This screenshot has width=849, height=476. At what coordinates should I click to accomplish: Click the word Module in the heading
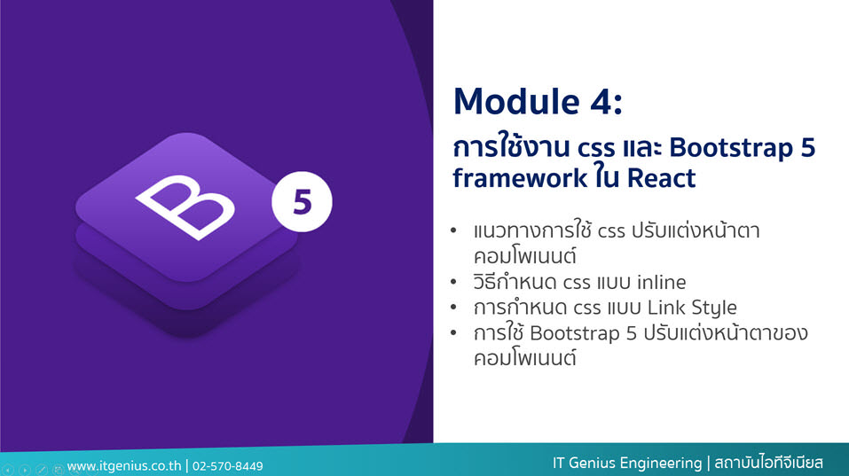[517, 101]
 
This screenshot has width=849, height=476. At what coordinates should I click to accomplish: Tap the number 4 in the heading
[601, 102]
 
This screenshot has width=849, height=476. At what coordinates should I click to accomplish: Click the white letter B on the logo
[185, 207]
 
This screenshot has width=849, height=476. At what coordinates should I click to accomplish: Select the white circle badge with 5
[302, 202]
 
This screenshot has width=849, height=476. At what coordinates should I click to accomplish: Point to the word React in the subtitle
[661, 178]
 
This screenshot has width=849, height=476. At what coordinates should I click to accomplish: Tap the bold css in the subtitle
[596, 148]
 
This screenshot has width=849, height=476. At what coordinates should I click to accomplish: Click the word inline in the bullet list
[661, 282]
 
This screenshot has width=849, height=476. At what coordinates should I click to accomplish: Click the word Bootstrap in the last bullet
[575, 333]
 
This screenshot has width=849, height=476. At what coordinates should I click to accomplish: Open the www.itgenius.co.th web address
[124, 465]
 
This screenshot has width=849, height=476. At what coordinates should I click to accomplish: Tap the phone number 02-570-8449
[228, 466]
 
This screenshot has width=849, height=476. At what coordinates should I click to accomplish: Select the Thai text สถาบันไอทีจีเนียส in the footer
[768, 463]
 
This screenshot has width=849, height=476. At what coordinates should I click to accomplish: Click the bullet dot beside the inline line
[453, 282]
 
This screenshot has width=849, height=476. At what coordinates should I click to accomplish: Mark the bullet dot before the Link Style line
[453, 308]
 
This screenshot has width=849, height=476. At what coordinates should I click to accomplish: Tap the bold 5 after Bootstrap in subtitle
[808, 148]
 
